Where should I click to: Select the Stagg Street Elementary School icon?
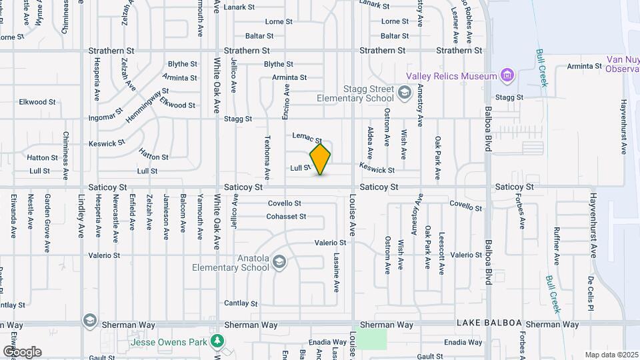404,92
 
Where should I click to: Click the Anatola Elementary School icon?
279,262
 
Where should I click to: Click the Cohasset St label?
286,216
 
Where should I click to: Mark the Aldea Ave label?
370,139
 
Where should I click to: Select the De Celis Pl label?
591,293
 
